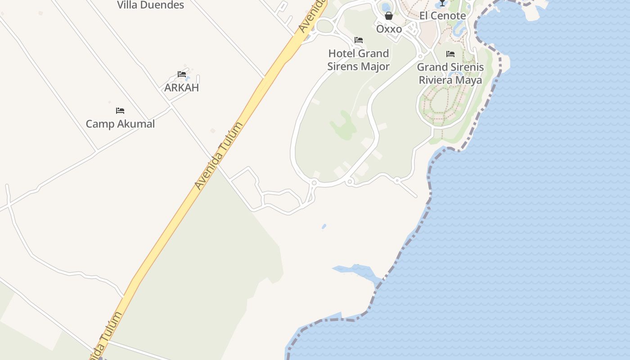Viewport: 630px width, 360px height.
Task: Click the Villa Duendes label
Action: tap(150, 5)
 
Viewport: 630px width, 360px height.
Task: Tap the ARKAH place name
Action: tap(181, 87)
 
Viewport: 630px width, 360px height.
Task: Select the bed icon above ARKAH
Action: tap(182, 74)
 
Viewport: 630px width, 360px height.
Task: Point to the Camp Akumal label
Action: tap(120, 124)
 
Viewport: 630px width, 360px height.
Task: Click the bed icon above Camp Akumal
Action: tap(120, 111)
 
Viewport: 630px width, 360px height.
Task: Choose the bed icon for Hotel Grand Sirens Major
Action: tap(359, 40)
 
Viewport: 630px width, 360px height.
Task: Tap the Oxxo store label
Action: tap(389, 29)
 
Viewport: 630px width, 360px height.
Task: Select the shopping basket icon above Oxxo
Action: tap(389, 16)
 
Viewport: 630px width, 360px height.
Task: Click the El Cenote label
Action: tap(442, 16)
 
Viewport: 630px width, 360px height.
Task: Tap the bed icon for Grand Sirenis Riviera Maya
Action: tap(450, 54)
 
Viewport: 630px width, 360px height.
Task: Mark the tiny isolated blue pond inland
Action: tap(324, 226)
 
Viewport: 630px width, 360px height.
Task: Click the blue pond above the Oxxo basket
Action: tap(386, 7)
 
